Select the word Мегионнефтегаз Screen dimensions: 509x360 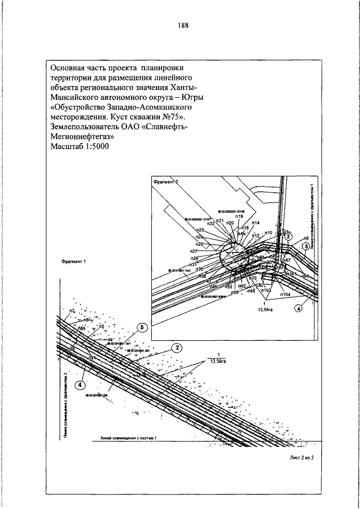tap(82, 136)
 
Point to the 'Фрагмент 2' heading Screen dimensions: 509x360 tap(165, 182)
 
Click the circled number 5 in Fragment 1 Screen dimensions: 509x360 tap(142, 327)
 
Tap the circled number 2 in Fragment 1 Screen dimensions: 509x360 tap(177, 347)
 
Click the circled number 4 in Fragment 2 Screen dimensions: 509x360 tap(299, 308)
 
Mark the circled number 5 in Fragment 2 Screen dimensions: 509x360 tap(307, 245)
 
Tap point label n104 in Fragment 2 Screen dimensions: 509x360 tap(285, 294)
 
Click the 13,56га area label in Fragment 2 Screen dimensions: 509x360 tap(265, 309)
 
